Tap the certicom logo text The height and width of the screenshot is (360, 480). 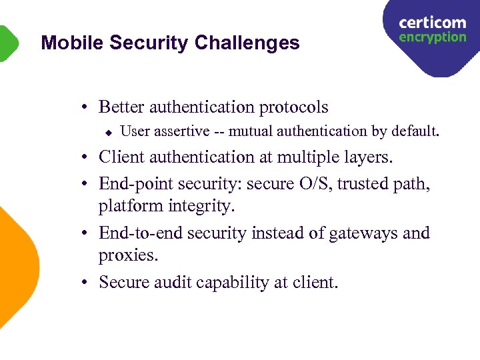[432, 23]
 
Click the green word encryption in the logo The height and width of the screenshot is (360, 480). [432, 37]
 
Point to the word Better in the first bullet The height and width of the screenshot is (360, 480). [122, 107]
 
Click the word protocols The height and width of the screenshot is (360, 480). [293, 107]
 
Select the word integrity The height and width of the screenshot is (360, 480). [202, 206]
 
